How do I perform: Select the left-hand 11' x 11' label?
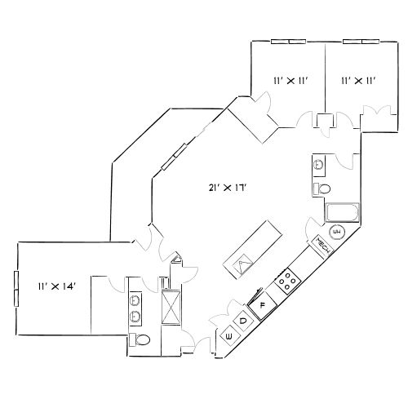[289, 80]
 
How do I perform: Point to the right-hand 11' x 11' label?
[357, 80]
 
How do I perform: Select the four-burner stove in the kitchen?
[287, 282]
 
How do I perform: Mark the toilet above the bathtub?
[323, 189]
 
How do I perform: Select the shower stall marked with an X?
[171, 308]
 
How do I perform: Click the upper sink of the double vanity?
[135, 297]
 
